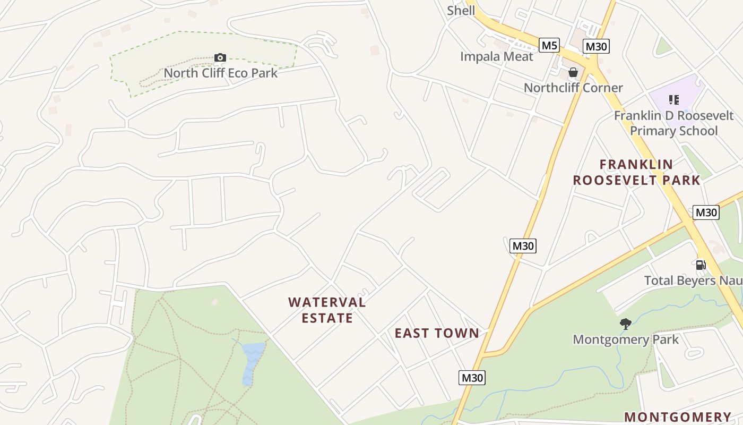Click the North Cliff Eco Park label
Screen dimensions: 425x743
click(220, 73)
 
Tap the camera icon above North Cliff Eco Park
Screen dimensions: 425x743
click(220, 57)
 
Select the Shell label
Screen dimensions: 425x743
click(461, 11)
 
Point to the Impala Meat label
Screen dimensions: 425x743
click(496, 56)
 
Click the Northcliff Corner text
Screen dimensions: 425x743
click(573, 88)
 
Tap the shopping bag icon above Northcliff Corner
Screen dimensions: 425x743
click(573, 72)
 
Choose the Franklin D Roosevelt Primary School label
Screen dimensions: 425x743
click(673, 123)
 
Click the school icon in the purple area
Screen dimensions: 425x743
click(674, 99)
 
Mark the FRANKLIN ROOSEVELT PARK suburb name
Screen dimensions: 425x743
click(637, 172)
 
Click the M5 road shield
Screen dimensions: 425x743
click(549, 45)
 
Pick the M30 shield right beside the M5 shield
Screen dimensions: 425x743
click(596, 47)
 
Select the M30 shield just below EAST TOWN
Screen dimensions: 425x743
click(472, 378)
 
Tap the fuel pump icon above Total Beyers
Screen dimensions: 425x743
click(701, 265)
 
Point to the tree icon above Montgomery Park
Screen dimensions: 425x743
click(626, 324)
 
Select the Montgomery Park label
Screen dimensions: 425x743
click(626, 339)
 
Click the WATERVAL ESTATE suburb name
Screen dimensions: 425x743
click(327, 310)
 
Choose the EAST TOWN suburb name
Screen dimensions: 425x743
click(437, 333)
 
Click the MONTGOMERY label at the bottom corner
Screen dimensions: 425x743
click(677, 417)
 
